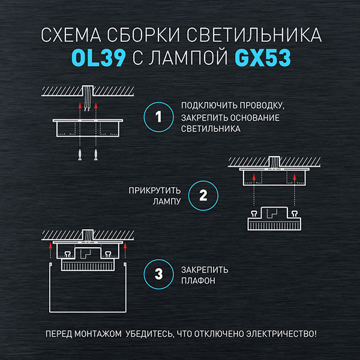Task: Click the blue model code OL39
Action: pos(98,58)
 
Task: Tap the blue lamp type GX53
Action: pos(263,58)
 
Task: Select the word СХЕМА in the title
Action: pos(71,35)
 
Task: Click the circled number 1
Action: pos(158,117)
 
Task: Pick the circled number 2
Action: pos(203,196)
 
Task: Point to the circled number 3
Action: pos(158,274)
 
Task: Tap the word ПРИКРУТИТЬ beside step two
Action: pos(155,191)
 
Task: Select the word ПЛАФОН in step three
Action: pos(198,281)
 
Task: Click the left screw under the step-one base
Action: pos(80,155)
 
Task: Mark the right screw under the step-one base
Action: pos(96,155)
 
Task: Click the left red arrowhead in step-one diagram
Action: pos(80,106)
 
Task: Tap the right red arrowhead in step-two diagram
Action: pos(295,177)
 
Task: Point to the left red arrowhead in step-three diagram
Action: pos(50,245)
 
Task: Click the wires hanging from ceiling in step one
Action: pos(88,98)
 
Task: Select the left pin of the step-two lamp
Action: pos(254,214)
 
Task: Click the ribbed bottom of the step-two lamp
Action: pos(274,226)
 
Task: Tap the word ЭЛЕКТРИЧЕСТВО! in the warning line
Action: pos(281,334)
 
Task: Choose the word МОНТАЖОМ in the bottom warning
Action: pos(98,334)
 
